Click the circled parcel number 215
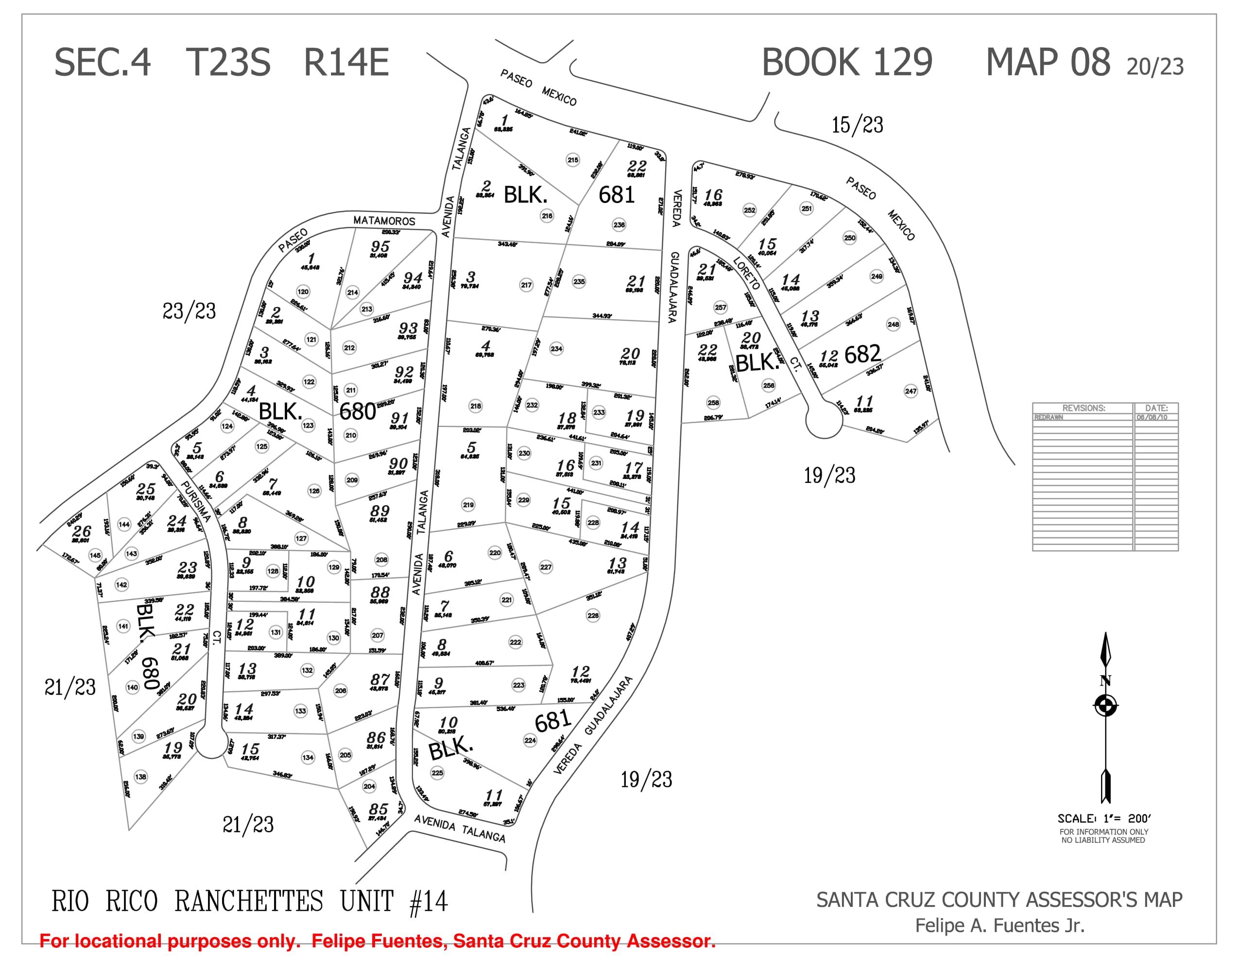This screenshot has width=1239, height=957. click(x=572, y=160)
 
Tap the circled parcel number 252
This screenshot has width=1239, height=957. click(x=749, y=210)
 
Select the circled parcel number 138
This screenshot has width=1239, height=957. click(x=141, y=777)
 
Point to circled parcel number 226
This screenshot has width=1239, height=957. click(x=593, y=615)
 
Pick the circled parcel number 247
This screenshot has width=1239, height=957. click(x=911, y=391)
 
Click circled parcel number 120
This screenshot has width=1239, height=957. click(x=303, y=291)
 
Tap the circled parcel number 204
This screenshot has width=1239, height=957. click(x=369, y=786)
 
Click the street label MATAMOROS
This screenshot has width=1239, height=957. click(x=384, y=221)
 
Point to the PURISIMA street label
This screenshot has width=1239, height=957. click(x=196, y=501)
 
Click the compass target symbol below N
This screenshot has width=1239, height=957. click(x=1105, y=707)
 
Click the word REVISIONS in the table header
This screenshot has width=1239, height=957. click(x=1084, y=408)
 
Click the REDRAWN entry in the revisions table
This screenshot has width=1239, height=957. click(x=1049, y=417)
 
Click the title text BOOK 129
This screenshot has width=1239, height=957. click(x=846, y=62)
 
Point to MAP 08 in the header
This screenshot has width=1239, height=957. click(x=1048, y=62)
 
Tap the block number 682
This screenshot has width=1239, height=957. click(x=862, y=355)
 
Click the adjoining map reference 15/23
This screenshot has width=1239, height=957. click(x=857, y=125)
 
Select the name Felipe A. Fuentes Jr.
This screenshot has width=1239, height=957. click(x=999, y=926)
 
